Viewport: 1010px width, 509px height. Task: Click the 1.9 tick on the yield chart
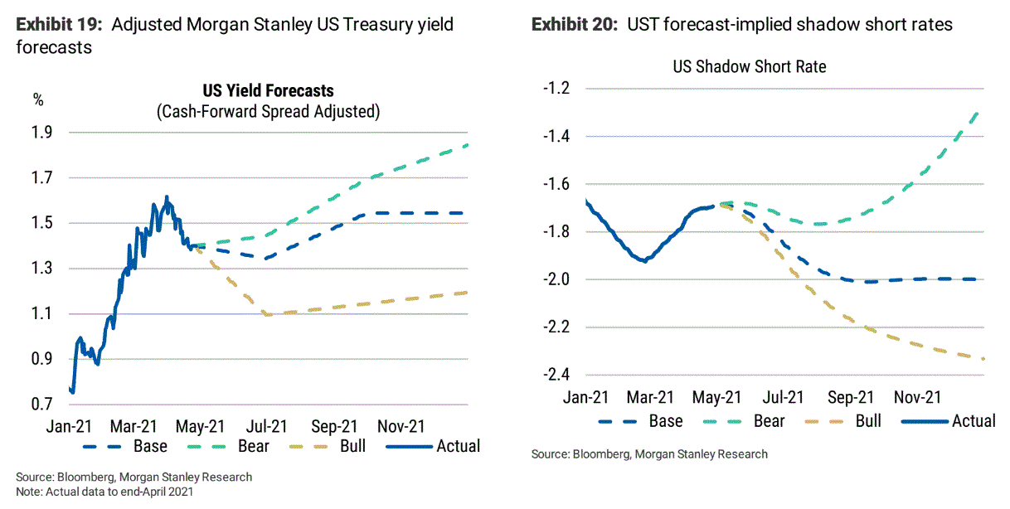point(42,133)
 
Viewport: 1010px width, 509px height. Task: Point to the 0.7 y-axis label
point(42,404)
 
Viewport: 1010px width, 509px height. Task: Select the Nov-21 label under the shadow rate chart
point(916,398)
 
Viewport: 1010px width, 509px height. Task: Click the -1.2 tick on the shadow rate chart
point(556,89)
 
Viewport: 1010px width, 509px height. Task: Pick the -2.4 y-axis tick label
point(556,375)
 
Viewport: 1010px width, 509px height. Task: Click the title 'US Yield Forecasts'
point(268,90)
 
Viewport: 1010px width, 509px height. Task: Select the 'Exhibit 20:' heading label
point(575,24)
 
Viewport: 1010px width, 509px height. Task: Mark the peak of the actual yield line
point(167,196)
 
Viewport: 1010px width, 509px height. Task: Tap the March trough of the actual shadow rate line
point(643,260)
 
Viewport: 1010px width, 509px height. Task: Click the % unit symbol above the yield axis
point(37,100)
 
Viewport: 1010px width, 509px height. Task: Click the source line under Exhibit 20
point(649,454)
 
